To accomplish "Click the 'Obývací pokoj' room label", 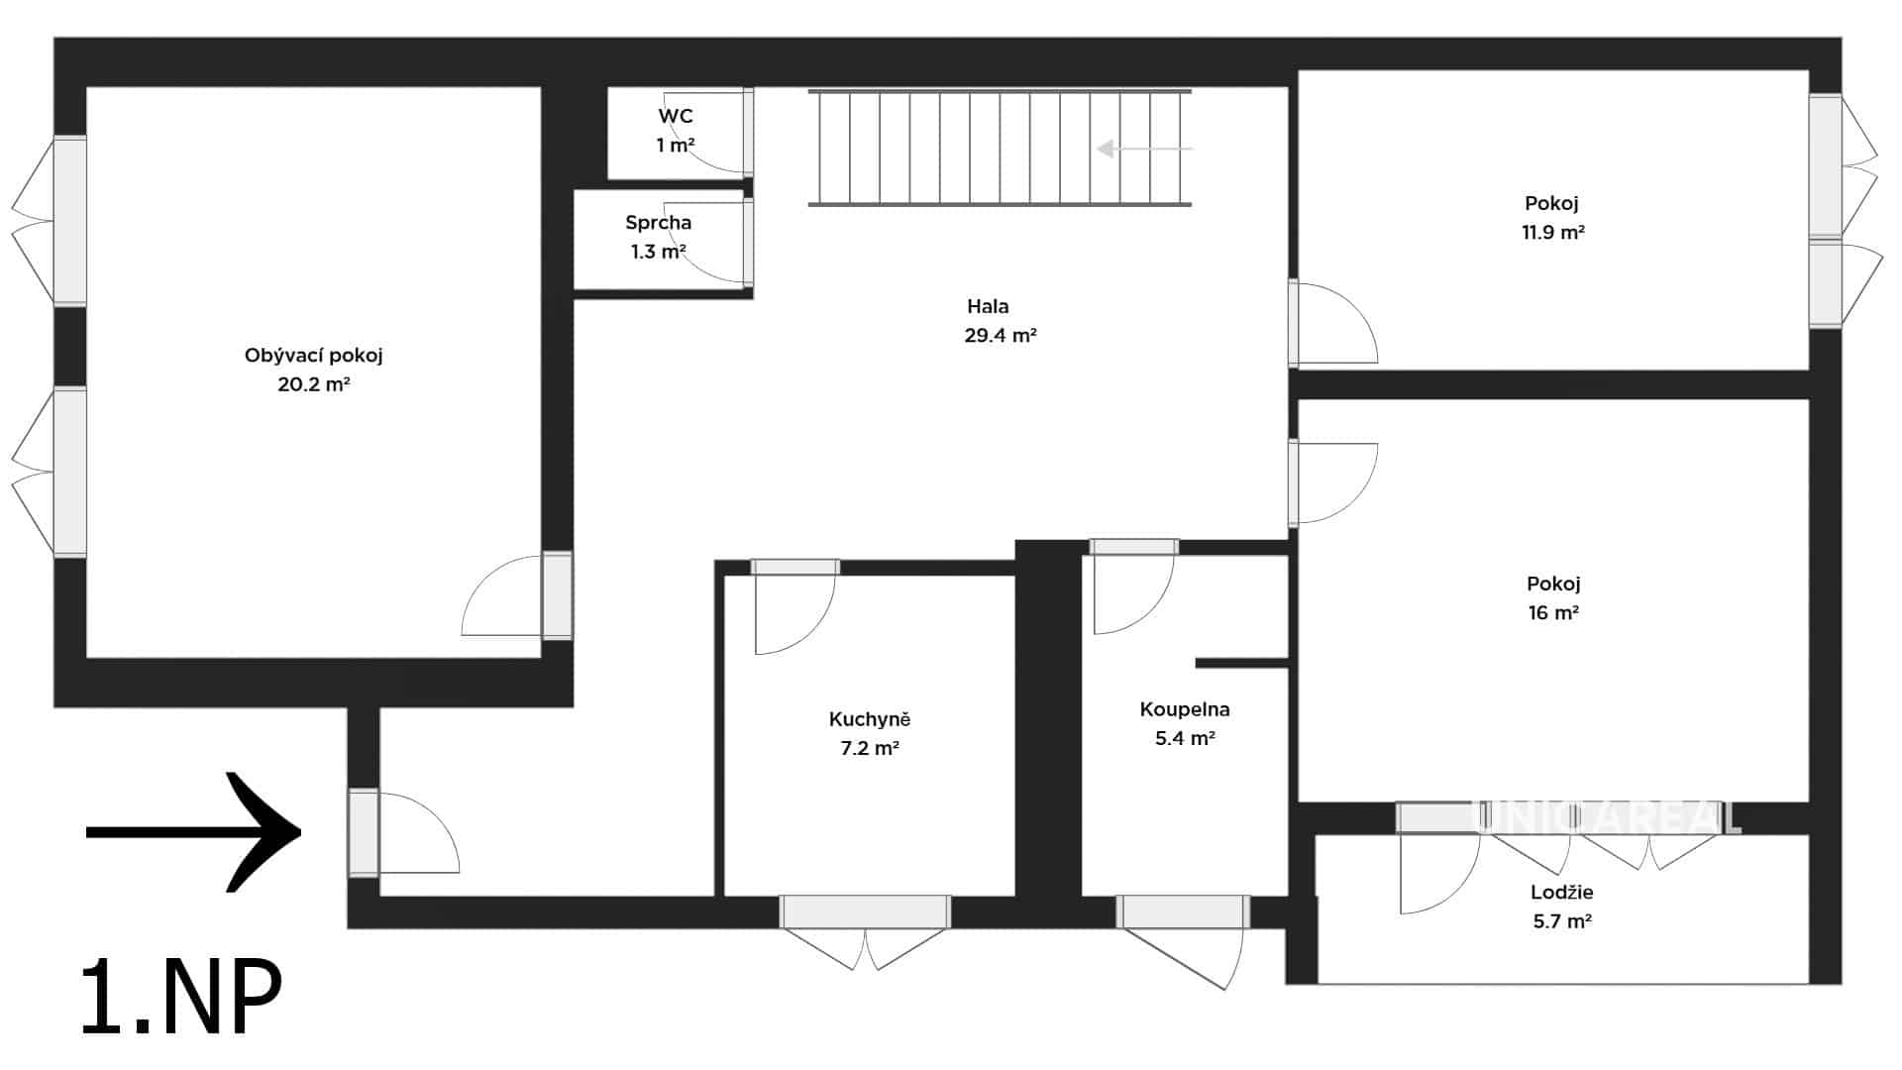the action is [x=313, y=356].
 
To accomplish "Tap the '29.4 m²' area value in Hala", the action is [x=1001, y=336].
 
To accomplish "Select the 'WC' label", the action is [x=676, y=116].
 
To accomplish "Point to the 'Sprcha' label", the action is [x=658, y=223].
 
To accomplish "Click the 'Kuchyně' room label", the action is [x=869, y=719].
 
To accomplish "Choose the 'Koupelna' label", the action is [x=1185, y=709].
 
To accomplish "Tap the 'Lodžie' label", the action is [x=1562, y=893].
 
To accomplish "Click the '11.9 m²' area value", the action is [x=1553, y=233].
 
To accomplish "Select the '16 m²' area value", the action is [x=1553, y=613].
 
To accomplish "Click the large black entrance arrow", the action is [x=194, y=832].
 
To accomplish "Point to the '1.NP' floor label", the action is [x=182, y=997].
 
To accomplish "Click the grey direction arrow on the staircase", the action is [x=1144, y=149].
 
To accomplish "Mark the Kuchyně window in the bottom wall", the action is [x=865, y=911].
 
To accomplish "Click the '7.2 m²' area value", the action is [x=870, y=749].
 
